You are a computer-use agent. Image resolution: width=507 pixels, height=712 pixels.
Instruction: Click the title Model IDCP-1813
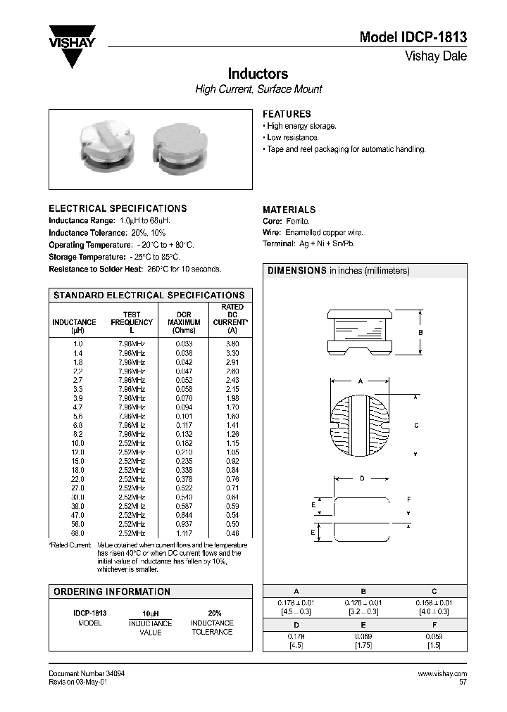[413, 38]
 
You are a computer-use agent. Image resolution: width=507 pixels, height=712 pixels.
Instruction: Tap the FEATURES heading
[287, 114]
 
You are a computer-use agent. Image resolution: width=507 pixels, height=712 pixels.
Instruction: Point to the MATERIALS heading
[289, 210]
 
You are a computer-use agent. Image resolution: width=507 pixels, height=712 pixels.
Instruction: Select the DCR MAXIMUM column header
[184, 322]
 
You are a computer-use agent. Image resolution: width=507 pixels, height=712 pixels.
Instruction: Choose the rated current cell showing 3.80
[232, 343]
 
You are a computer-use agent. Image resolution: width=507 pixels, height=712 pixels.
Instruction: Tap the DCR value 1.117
[184, 534]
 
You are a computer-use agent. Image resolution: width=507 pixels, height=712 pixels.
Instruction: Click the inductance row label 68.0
[77, 534]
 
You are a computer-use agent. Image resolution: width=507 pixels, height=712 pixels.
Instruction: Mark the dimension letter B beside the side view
[420, 333]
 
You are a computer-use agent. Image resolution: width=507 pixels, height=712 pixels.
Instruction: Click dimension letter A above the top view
[360, 381]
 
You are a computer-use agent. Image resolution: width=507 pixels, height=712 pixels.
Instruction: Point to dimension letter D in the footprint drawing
[362, 478]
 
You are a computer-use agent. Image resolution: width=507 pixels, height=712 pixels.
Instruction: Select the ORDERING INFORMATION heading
[112, 592]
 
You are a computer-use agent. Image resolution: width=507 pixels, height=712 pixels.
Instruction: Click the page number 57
[463, 682]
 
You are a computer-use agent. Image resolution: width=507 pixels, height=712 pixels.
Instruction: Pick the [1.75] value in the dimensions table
[363, 645]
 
